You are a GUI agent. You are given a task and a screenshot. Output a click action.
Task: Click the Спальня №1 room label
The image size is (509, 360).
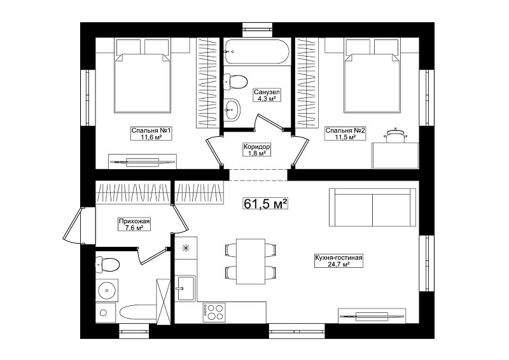pyautogui.click(x=151, y=134)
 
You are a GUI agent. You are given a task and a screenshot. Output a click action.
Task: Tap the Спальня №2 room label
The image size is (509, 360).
pyautogui.click(x=345, y=134)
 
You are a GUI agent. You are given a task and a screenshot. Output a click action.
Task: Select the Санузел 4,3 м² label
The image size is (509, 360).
pyautogui.click(x=267, y=95)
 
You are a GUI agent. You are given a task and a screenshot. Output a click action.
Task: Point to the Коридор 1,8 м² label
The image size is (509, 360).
pyautogui.click(x=257, y=149)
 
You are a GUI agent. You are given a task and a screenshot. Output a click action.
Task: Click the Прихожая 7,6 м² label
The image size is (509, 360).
pyautogui.click(x=134, y=225)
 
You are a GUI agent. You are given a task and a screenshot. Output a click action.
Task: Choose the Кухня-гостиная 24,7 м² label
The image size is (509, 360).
pyautogui.click(x=338, y=261)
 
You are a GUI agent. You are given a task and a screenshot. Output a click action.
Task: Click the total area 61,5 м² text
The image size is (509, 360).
pyautogui.click(x=265, y=204)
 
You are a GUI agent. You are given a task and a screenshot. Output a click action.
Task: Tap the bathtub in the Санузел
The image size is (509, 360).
pyautogui.click(x=256, y=52)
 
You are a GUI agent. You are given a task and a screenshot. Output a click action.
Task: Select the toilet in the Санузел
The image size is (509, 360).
pyautogui.click(x=235, y=81)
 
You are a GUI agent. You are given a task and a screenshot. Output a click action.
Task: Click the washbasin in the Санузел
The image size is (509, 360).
pyautogui.click(x=232, y=109)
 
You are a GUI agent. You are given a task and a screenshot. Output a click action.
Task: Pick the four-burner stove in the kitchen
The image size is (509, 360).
pyautogui.click(x=214, y=312)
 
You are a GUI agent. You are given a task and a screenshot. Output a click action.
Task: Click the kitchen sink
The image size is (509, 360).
pyautogui.click(x=185, y=288)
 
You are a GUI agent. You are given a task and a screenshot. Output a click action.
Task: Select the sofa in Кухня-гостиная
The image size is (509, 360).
pyautogui.click(x=372, y=208)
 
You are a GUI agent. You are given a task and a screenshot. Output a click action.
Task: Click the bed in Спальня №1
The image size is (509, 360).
pyautogui.click(x=143, y=76)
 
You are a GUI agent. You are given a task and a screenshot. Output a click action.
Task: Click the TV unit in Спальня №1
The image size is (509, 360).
pyautogui.click(x=142, y=162)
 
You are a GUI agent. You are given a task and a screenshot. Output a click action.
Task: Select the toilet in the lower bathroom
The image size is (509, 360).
pyautogui.click(x=108, y=264)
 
